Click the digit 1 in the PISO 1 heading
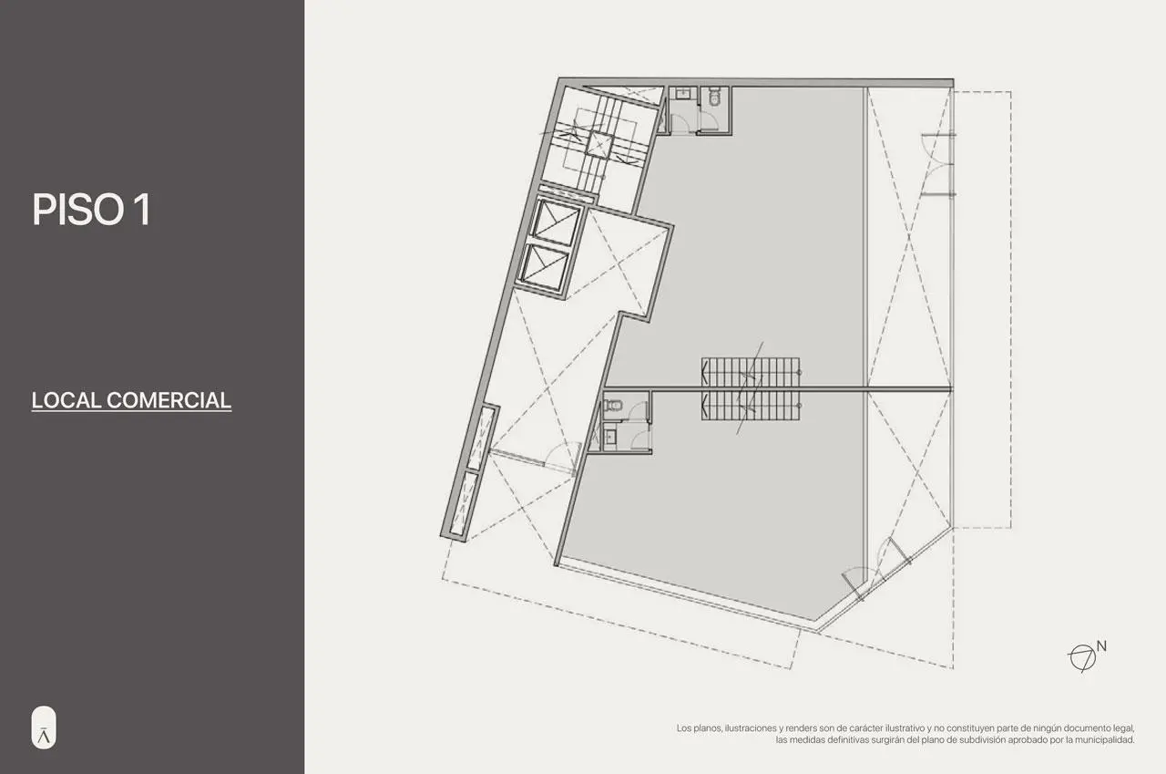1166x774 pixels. [x=142, y=210]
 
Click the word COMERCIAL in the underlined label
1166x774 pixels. [x=169, y=400]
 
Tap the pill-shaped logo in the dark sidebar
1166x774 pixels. [x=44, y=728]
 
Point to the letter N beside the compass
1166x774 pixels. [x=1101, y=646]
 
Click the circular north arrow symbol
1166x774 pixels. [x=1082, y=658]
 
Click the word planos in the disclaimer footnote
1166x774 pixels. [x=705, y=728]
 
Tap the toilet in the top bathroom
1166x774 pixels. [x=714, y=96]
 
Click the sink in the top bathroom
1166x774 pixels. [x=684, y=94]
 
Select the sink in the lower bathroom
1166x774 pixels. [x=609, y=437]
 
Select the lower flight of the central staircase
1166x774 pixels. [x=750, y=406]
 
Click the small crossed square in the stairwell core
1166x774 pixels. [x=598, y=144]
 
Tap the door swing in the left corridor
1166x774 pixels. [x=561, y=453]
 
